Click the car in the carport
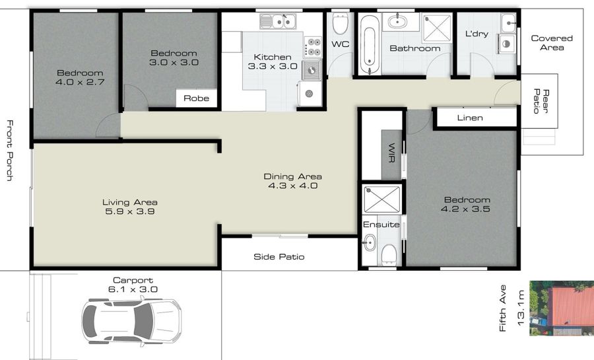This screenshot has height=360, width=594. [x=131, y=321]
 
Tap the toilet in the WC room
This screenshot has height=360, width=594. [x=340, y=24]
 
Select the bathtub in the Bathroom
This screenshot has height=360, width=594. [x=369, y=46]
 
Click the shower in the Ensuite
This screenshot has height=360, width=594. [x=381, y=199]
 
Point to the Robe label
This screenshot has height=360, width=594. [x=196, y=98]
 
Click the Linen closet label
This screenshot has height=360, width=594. [x=470, y=118]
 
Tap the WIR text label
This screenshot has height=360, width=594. [x=391, y=153]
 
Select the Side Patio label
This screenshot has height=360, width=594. [x=279, y=256]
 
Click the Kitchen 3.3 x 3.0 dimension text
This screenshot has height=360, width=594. [x=273, y=66]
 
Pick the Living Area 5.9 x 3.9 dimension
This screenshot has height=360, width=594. [x=129, y=211]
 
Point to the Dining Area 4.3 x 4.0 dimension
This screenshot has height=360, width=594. [x=293, y=186]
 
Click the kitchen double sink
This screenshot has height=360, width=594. [x=278, y=21]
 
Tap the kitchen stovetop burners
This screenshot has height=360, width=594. [x=313, y=47]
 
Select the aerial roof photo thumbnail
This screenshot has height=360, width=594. [x=562, y=308]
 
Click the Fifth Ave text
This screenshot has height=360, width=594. [x=503, y=308]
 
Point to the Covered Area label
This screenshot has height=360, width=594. [x=552, y=43]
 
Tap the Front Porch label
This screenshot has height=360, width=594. [x=10, y=151]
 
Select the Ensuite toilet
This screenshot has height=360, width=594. [x=389, y=254]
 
